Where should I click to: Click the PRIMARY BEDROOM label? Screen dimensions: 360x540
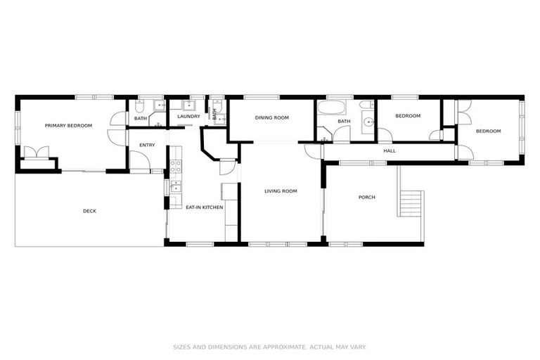click(68, 126)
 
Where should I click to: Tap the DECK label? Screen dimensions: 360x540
click(89, 210)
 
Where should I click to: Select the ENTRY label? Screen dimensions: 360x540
click(147, 146)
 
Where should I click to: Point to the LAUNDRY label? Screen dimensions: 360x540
click(188, 117)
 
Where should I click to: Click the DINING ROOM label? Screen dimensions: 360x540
click(271, 118)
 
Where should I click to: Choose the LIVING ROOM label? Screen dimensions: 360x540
click(281, 191)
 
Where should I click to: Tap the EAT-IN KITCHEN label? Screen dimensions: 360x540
click(205, 207)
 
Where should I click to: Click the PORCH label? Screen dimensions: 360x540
click(366, 198)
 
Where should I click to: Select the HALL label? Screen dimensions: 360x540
click(389, 151)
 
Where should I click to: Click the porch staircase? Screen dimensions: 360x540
click(411, 204)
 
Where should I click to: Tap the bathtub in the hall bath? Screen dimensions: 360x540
click(330, 109)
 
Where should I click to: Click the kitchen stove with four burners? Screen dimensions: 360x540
click(175, 167)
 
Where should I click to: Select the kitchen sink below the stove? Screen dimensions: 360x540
click(175, 187)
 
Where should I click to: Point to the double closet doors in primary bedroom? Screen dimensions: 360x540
click(36, 153)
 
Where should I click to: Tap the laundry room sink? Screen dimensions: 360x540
click(188, 106)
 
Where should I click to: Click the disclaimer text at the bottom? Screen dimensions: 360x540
click(270, 347)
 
